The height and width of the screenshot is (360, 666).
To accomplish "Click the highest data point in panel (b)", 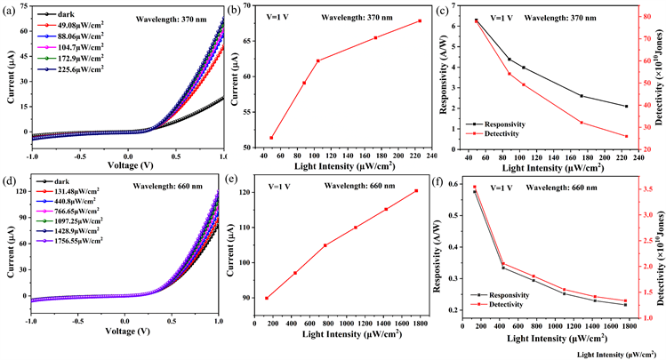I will pos(419,21).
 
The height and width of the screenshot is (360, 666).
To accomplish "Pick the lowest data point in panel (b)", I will pos(271,138).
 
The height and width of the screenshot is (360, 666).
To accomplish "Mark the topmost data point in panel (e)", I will pos(416,190).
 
